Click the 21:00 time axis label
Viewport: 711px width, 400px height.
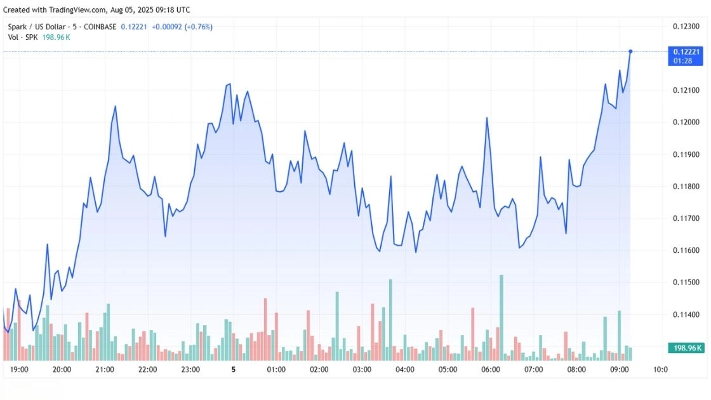click(x=105, y=370)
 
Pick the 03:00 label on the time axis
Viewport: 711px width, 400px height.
click(x=362, y=370)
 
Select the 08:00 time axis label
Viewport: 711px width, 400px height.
click(x=576, y=370)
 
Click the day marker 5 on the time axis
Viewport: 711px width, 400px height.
click(x=233, y=370)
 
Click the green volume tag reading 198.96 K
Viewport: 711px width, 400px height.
click(x=686, y=348)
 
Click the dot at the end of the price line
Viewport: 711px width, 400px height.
click(x=630, y=51)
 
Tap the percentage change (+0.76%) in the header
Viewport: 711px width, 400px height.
click(x=199, y=27)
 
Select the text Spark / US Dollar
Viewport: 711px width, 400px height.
click(x=35, y=27)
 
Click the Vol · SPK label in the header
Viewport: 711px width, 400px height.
click(x=23, y=37)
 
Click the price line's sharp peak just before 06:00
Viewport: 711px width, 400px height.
click(x=487, y=118)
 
